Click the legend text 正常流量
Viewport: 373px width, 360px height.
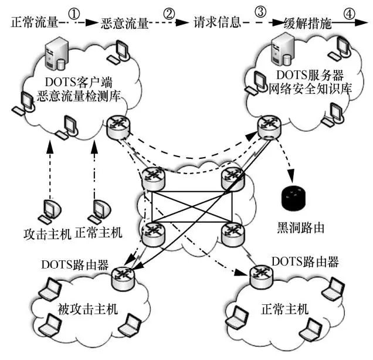click(x=35, y=23)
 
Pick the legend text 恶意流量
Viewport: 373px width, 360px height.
click(x=124, y=24)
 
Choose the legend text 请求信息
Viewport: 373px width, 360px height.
click(x=217, y=24)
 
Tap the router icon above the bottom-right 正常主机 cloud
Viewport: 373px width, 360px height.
click(x=259, y=273)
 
